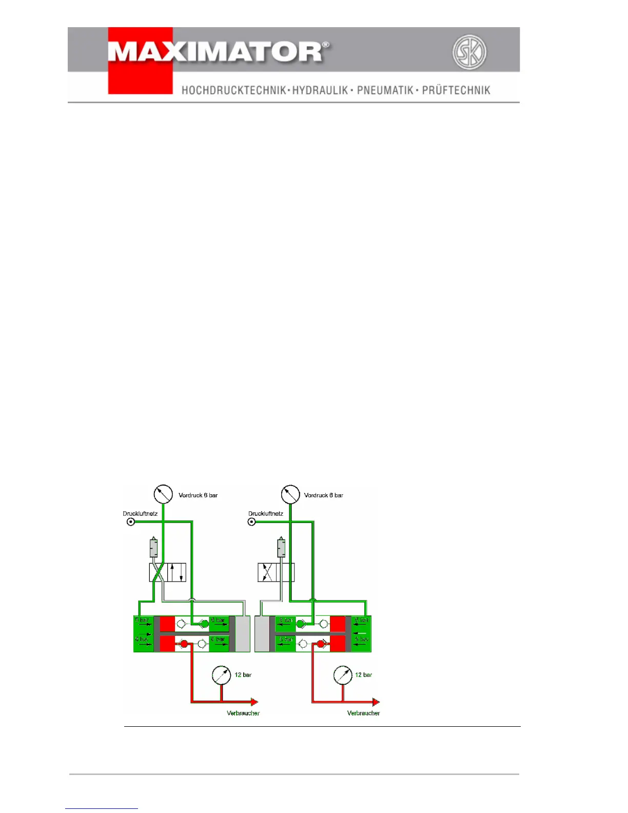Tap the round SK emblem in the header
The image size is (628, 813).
point(469,52)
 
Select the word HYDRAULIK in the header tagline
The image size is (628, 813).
point(320,90)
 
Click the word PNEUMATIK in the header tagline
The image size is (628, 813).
point(385,90)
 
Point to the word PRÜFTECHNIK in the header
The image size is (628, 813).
point(456,90)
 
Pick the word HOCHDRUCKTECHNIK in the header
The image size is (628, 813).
point(234,90)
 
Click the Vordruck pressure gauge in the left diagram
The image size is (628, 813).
point(163,494)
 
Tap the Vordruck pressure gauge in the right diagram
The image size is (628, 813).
point(290,494)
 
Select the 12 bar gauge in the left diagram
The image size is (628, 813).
point(221,675)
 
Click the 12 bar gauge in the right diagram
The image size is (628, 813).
point(342,675)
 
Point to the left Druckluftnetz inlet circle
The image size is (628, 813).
point(131,522)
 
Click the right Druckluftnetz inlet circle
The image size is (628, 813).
point(252,522)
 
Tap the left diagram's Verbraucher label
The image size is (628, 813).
point(243,713)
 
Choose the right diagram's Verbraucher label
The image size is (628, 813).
point(363,713)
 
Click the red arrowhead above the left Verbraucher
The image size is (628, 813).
point(254,702)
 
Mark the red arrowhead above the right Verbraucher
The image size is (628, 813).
point(376,702)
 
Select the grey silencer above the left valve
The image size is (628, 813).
point(153,548)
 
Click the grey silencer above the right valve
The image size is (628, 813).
point(281,548)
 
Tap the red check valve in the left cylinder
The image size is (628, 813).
point(184,643)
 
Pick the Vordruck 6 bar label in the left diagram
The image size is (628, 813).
point(198,495)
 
